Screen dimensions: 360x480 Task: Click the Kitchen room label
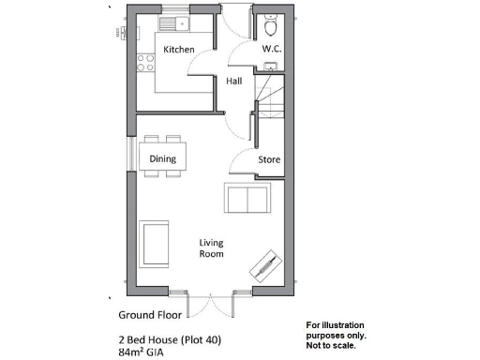click(178, 49)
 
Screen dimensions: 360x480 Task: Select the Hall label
click(234, 82)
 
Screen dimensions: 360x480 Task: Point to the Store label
click(269, 160)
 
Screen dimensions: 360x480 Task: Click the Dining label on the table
click(163, 158)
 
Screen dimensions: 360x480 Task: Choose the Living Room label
click(211, 247)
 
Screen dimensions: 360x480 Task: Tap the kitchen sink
click(173, 23)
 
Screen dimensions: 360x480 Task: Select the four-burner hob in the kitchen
click(146, 64)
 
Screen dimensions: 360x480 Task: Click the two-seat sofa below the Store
click(247, 200)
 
